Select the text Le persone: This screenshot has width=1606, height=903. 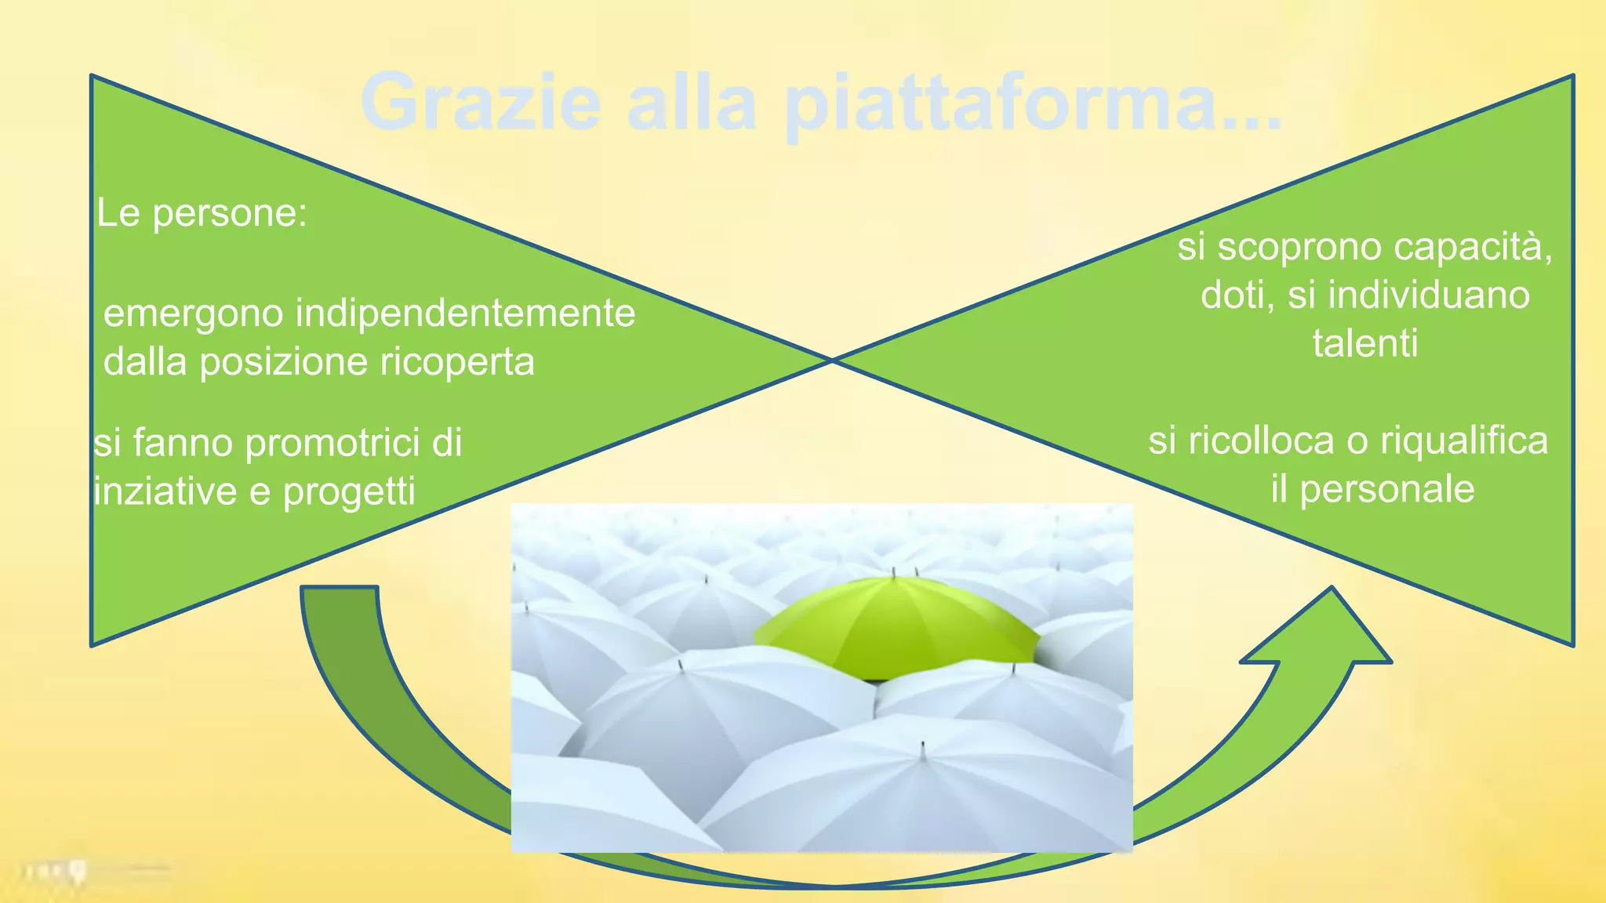click(x=202, y=213)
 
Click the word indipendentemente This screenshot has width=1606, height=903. click(x=465, y=314)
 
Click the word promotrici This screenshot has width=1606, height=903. click(x=332, y=443)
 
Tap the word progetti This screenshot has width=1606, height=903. click(x=348, y=492)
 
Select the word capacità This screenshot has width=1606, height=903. click(x=1473, y=248)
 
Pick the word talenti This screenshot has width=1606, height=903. click(x=1365, y=343)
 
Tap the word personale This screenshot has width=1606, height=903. click(x=1387, y=489)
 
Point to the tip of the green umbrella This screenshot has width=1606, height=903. click(x=893, y=572)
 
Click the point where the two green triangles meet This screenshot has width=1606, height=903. click(x=832, y=361)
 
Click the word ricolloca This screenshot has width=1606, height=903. click(x=1261, y=441)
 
